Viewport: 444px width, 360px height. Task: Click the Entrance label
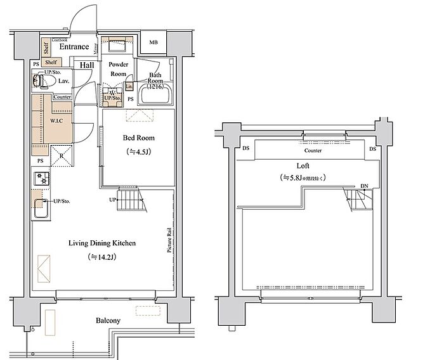pyautogui.click(x=74, y=47)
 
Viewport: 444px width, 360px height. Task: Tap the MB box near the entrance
pyautogui.click(x=153, y=43)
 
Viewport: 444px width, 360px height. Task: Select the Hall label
pyautogui.click(x=87, y=65)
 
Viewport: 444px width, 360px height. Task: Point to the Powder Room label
pyautogui.click(x=118, y=69)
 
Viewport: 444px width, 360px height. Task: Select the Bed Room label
pyautogui.click(x=138, y=138)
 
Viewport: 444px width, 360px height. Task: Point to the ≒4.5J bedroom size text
pyautogui.click(x=138, y=152)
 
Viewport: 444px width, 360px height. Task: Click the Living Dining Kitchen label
pyautogui.click(x=102, y=243)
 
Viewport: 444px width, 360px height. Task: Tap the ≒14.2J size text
pyautogui.click(x=102, y=257)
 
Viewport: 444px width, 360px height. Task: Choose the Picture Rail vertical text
pyautogui.click(x=170, y=240)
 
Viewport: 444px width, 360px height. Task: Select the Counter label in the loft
pyautogui.click(x=313, y=151)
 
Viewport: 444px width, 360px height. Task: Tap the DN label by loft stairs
pyautogui.click(x=364, y=186)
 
